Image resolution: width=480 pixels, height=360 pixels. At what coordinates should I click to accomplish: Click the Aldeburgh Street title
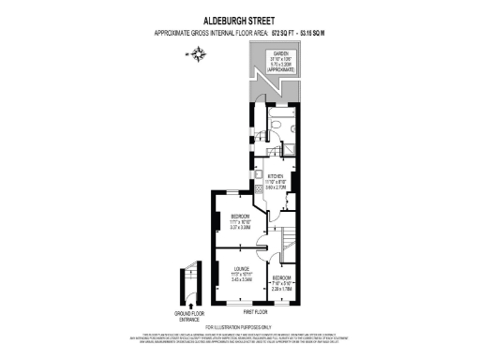pos(239,17)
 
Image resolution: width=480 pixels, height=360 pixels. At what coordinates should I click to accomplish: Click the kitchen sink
pos(254,174)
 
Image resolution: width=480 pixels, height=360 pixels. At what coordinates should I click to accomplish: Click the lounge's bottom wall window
pos(235,301)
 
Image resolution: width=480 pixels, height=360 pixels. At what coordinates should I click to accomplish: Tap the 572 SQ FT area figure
pos(284,33)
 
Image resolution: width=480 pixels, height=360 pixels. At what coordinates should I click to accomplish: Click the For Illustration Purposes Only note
pos(239,326)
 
